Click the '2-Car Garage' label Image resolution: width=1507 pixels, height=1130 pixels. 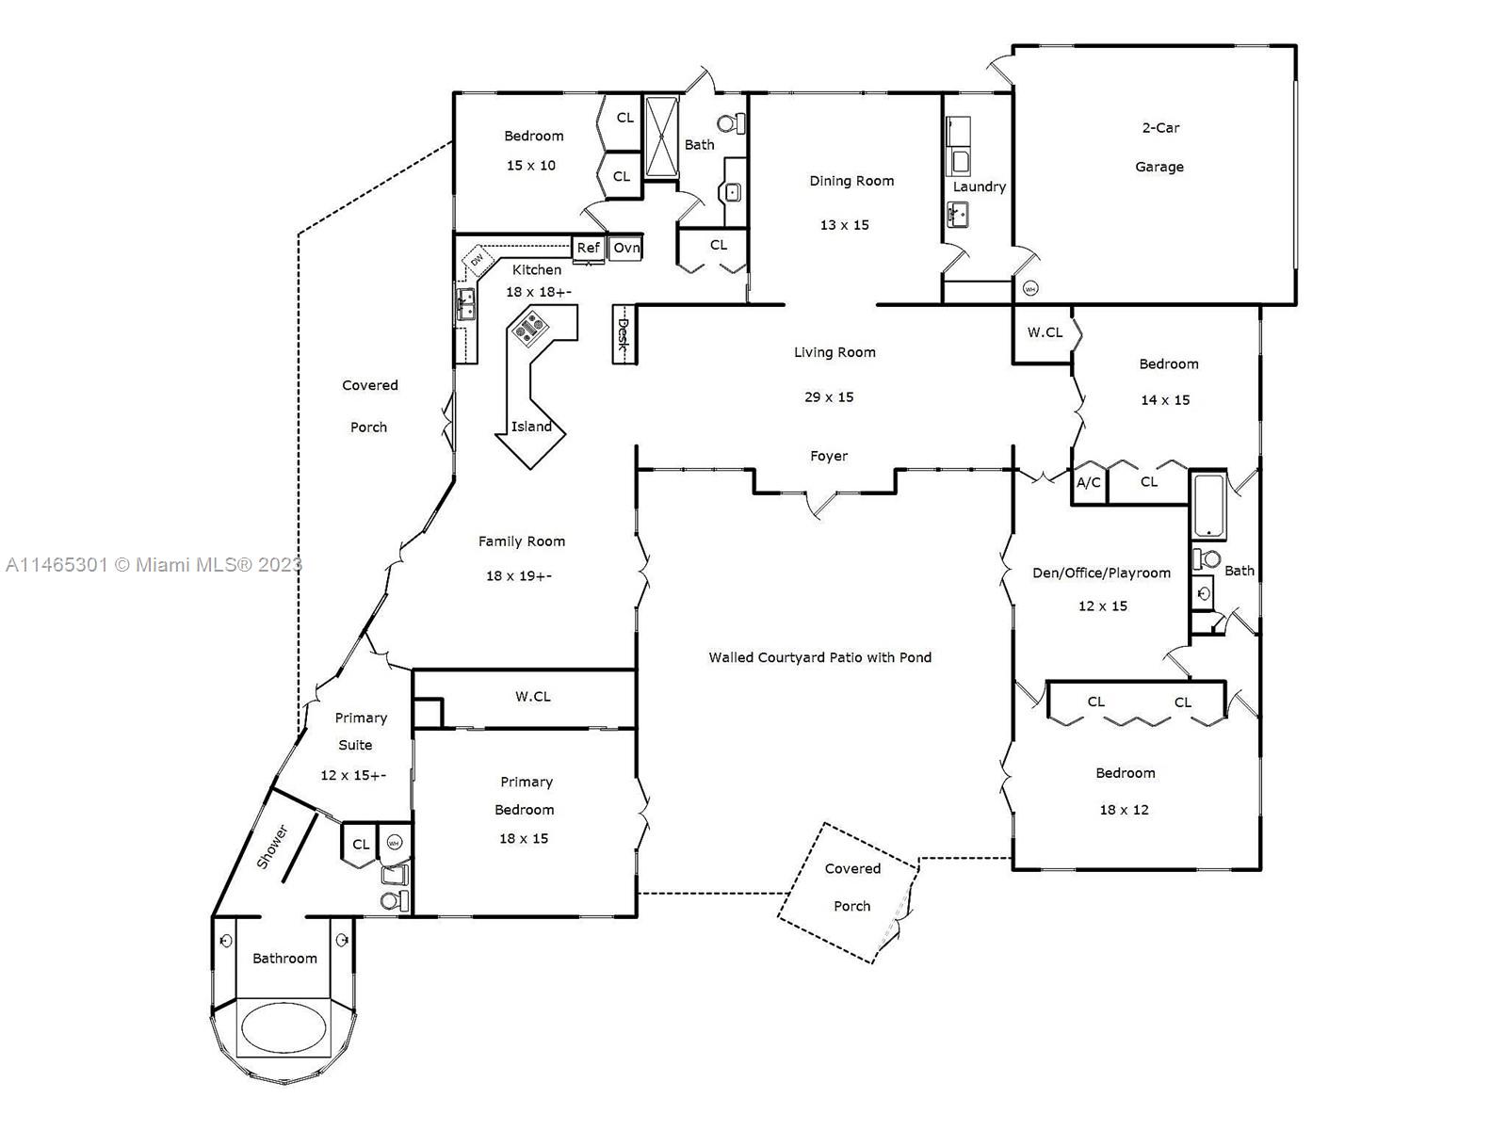pyautogui.click(x=1159, y=147)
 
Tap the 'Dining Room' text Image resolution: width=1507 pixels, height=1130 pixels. pyautogui.click(x=851, y=181)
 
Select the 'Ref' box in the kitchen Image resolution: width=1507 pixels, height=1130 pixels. pyautogui.click(x=588, y=248)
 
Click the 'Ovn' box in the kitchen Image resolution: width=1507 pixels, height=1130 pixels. pyautogui.click(x=626, y=248)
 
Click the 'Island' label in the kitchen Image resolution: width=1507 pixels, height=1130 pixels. pyautogui.click(x=531, y=427)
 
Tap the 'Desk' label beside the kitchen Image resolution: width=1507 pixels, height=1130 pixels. pyautogui.click(x=623, y=334)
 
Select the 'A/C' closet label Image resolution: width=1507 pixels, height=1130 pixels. pyautogui.click(x=1088, y=482)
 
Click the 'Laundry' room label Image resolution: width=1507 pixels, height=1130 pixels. pyautogui.click(x=980, y=186)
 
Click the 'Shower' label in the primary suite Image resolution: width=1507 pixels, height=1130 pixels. pyautogui.click(x=272, y=847)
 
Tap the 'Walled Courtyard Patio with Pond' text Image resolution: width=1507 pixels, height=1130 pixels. pyautogui.click(x=819, y=657)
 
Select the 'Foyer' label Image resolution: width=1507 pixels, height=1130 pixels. pyautogui.click(x=829, y=456)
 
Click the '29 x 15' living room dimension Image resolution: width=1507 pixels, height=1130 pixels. pyautogui.click(x=829, y=397)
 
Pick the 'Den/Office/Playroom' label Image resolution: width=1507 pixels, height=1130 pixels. pyautogui.click(x=1101, y=573)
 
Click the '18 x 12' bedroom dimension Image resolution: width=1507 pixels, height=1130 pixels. pyautogui.click(x=1124, y=810)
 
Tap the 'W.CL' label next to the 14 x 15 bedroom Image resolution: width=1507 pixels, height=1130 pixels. pyautogui.click(x=1045, y=332)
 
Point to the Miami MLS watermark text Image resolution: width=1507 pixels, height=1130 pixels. pyautogui.click(x=154, y=565)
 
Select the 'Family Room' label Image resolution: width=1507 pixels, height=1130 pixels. pyautogui.click(x=521, y=541)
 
